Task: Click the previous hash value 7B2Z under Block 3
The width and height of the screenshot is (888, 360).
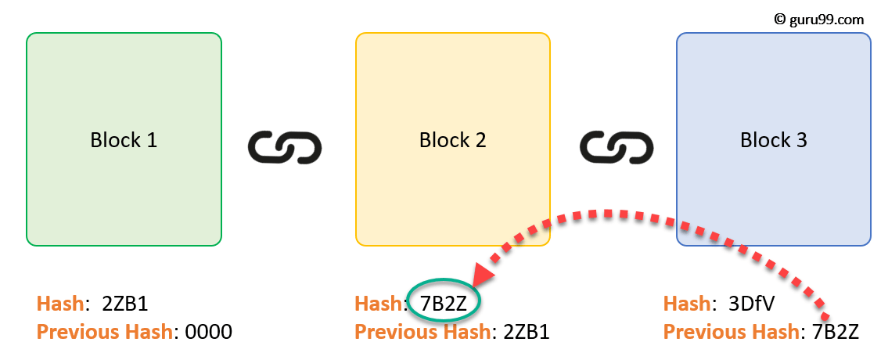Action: click(x=835, y=332)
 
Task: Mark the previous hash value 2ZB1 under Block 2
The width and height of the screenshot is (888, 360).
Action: click(x=526, y=332)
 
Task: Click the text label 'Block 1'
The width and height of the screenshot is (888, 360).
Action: click(x=124, y=141)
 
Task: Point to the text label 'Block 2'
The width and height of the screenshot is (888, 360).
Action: click(x=452, y=141)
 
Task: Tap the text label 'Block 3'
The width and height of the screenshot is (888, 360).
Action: click(x=773, y=141)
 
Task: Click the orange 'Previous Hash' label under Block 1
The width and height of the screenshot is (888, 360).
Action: click(x=104, y=332)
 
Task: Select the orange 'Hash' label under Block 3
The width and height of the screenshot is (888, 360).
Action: click(x=686, y=304)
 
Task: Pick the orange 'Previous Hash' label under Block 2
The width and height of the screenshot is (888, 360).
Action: click(x=422, y=332)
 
